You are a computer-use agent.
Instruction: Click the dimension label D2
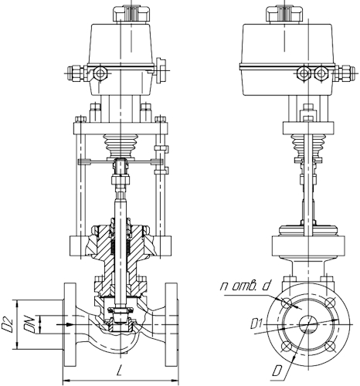click(x=7, y=325)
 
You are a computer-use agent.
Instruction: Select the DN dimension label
click(x=29, y=324)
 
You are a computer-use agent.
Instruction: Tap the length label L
click(x=119, y=371)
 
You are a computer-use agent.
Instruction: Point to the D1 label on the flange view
click(x=256, y=323)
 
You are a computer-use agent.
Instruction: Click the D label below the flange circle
click(x=277, y=371)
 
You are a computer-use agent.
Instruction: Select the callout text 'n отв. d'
click(x=246, y=286)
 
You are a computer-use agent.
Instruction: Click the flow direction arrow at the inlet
click(x=65, y=324)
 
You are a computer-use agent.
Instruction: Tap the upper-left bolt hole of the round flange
click(x=287, y=302)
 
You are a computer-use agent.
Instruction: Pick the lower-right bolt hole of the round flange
click(x=330, y=346)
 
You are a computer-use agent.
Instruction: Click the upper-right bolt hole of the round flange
click(x=330, y=302)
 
